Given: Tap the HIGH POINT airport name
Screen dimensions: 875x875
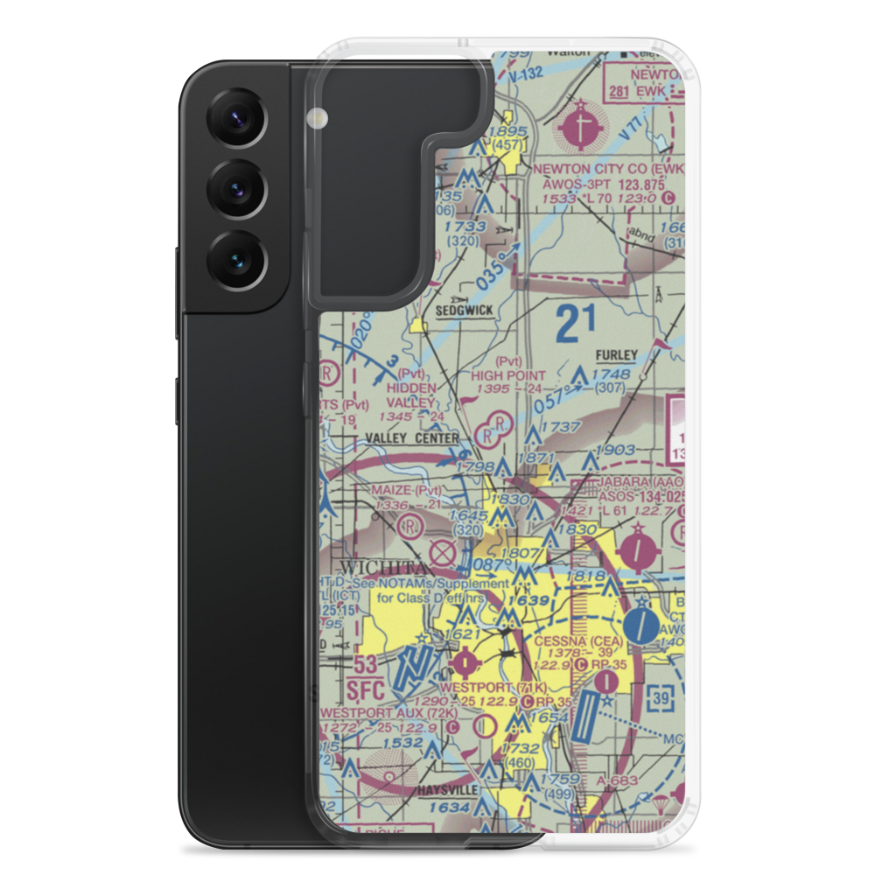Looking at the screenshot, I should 507,374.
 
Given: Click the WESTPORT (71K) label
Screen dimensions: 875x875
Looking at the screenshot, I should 486,688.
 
